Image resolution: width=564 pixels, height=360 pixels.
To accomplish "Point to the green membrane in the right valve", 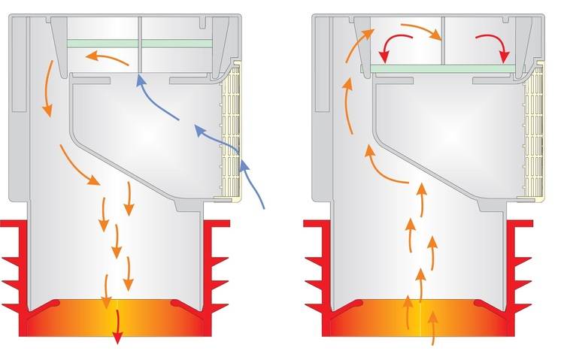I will tap(444, 69).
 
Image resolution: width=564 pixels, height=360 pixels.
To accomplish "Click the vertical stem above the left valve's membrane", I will tap(141, 30).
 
